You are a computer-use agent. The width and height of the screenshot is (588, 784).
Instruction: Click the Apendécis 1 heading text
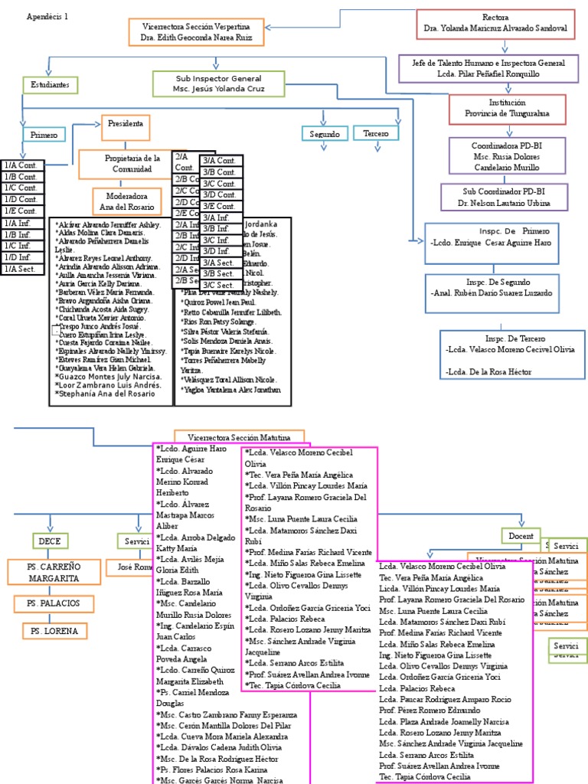(47, 16)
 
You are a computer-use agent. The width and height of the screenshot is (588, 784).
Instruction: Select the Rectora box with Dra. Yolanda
(495, 23)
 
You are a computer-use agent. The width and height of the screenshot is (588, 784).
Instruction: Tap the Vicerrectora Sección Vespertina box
(198, 31)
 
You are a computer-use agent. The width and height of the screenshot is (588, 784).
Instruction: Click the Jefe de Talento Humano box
(483, 67)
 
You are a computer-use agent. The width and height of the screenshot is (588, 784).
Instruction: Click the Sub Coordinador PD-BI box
(495, 198)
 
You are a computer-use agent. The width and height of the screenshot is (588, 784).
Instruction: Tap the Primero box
(44, 135)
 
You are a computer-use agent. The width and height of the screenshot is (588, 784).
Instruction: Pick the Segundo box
(324, 134)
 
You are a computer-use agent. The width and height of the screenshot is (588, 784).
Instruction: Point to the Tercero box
(375, 133)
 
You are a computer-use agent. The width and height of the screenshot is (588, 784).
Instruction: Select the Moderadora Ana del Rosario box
(126, 201)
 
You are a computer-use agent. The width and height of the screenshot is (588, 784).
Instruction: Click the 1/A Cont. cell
(22, 165)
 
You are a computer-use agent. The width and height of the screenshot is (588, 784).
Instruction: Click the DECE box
(50, 541)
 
